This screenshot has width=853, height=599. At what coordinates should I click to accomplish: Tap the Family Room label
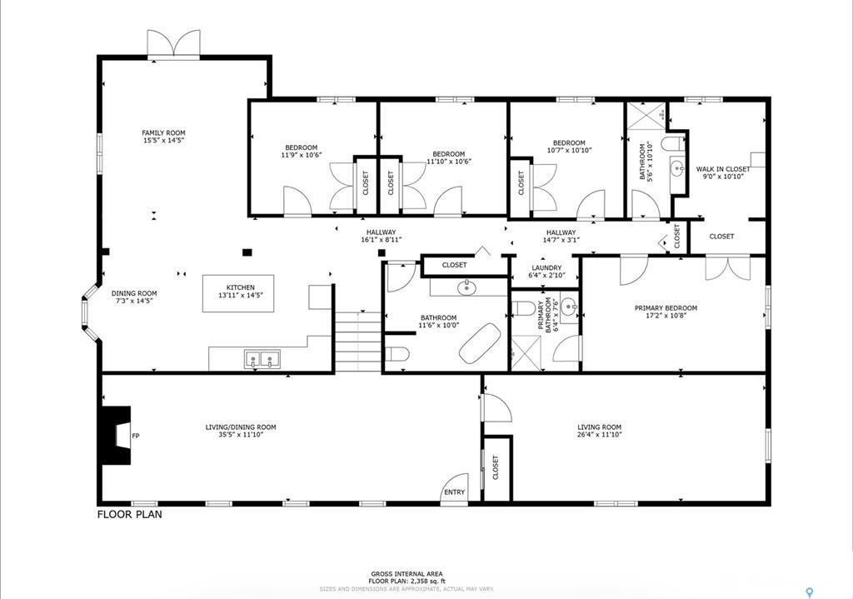(163, 133)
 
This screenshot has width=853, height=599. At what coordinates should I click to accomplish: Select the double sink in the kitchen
(262, 359)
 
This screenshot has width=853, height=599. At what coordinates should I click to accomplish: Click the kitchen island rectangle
(238, 294)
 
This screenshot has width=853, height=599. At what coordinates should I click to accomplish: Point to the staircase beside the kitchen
(358, 342)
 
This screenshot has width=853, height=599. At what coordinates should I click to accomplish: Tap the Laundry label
(546, 268)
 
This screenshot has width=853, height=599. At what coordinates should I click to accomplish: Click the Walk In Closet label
(723, 169)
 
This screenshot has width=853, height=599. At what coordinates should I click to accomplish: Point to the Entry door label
(455, 492)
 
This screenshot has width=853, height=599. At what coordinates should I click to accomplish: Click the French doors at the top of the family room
(174, 43)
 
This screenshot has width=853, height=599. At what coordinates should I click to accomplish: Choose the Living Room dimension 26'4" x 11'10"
(599, 436)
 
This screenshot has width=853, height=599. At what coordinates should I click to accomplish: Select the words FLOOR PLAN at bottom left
(130, 515)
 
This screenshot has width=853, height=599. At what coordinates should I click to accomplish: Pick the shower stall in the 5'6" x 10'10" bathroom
(646, 115)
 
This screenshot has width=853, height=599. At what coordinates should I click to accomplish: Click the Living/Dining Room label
(241, 427)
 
